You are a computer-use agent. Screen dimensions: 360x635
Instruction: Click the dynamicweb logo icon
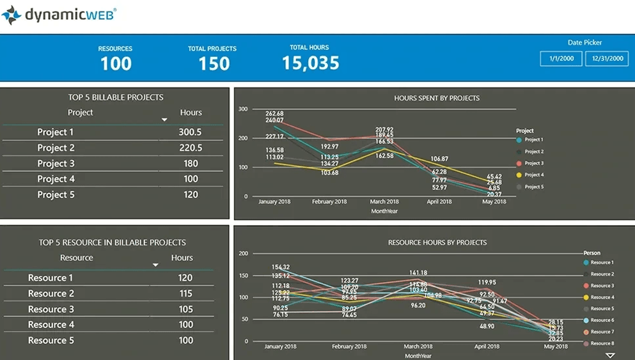tap(12, 15)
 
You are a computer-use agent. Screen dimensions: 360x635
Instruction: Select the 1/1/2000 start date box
tap(561, 58)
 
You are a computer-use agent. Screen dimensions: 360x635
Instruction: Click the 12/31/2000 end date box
tap(607, 58)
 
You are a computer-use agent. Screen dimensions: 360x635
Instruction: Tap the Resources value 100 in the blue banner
tap(116, 63)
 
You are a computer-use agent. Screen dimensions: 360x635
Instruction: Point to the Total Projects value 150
tap(214, 63)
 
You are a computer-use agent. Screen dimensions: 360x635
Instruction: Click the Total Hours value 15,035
tap(311, 63)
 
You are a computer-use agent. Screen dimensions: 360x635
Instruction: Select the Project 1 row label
tap(56, 132)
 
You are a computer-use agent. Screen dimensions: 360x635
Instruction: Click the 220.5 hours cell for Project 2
tap(190, 148)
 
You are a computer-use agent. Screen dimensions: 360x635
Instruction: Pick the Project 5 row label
tap(56, 195)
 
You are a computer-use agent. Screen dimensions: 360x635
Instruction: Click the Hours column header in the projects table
tap(191, 113)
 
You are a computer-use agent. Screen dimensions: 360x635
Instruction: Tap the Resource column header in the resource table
tap(76, 258)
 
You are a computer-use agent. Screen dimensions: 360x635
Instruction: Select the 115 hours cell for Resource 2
tap(185, 293)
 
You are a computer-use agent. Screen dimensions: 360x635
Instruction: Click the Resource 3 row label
tap(51, 309)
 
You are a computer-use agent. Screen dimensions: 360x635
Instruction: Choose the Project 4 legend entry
tap(533, 175)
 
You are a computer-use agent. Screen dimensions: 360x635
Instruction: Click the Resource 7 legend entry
tap(601, 332)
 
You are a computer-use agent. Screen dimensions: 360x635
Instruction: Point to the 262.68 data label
tap(274, 113)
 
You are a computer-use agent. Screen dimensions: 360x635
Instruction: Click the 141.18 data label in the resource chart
tap(418, 273)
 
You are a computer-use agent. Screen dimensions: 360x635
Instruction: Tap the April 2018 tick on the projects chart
tap(439, 201)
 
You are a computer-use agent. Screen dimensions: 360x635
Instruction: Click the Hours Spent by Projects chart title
tap(437, 98)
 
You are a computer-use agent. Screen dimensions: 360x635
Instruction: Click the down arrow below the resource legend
tap(609, 355)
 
